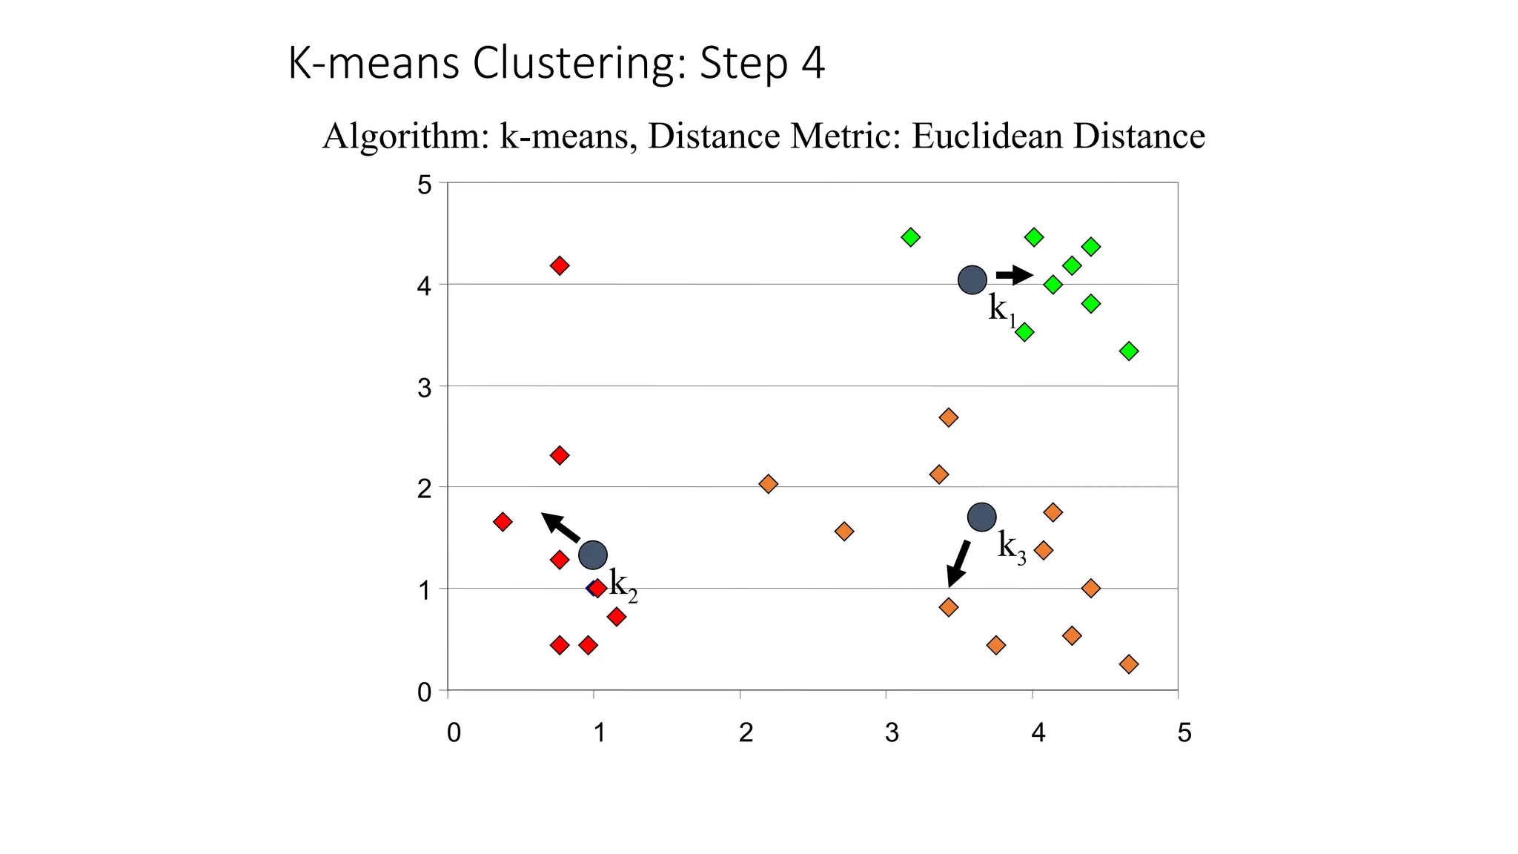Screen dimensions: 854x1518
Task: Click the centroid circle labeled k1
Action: (972, 279)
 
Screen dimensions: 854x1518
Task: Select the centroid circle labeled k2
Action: (593, 554)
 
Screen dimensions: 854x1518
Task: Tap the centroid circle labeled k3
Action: (981, 517)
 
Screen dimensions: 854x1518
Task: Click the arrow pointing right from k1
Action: (1014, 276)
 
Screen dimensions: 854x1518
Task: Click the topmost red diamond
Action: (560, 265)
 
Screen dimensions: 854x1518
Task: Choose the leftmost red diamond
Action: (503, 522)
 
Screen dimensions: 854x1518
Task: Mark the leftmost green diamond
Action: (910, 237)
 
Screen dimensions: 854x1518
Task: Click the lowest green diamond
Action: (1129, 351)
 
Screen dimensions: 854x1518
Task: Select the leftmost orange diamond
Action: (768, 484)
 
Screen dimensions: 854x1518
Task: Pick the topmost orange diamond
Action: (948, 417)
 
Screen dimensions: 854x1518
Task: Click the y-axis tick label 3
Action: (424, 387)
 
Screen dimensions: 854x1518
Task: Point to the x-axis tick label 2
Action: (746, 732)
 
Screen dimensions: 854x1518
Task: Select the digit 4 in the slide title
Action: (812, 63)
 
